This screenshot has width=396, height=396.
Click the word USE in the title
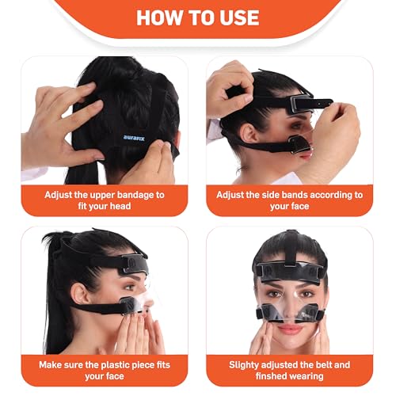pyautogui.click(x=238, y=18)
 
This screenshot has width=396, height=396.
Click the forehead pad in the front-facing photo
pyautogui.click(x=290, y=267)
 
